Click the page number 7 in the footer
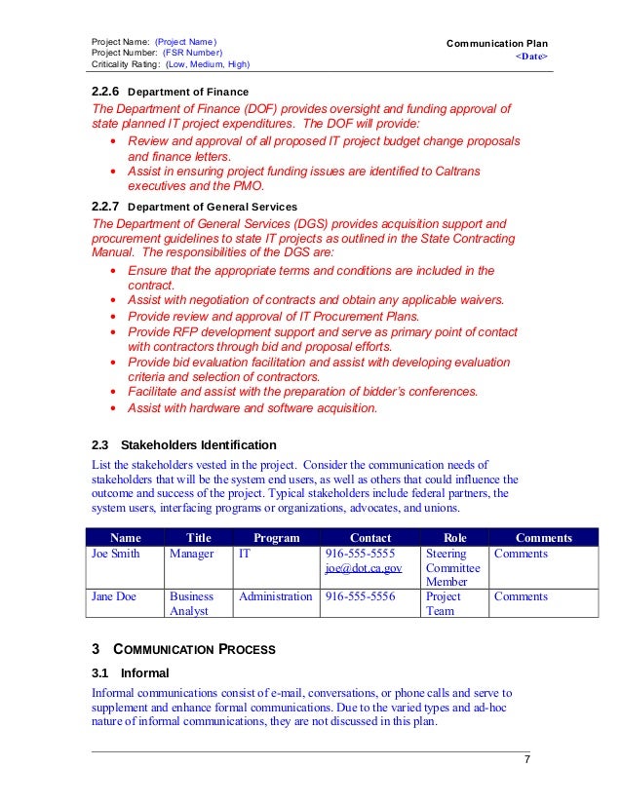527,760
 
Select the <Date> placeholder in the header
531,57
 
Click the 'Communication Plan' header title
496,44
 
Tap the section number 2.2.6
105,91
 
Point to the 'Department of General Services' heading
213,207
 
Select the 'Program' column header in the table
276,537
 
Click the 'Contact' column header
369,537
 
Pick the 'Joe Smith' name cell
115,554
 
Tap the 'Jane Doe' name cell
113,596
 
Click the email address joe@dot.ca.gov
364,568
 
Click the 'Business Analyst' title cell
192,603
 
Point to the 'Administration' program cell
276,596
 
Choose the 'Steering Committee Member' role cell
453,568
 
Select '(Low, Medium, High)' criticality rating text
207,64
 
